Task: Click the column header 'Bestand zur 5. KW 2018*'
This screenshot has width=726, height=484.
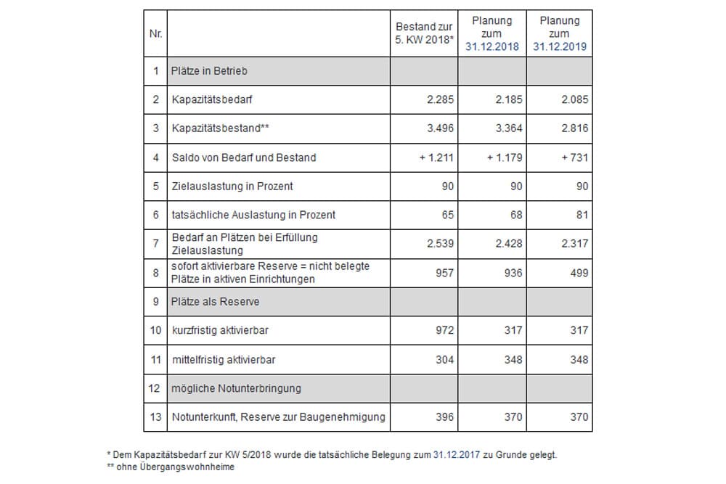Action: pyautogui.click(x=425, y=33)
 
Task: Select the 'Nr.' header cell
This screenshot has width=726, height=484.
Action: pyautogui.click(x=156, y=33)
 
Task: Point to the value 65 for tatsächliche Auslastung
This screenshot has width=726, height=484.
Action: pyautogui.click(x=448, y=215)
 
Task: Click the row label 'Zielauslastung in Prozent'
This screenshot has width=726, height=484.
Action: pyautogui.click(x=232, y=186)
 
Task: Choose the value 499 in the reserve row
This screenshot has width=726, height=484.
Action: pyautogui.click(x=579, y=274)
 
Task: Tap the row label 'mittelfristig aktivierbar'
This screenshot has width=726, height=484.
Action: pyautogui.click(x=224, y=360)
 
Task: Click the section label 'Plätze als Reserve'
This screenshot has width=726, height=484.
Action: pyautogui.click(x=216, y=302)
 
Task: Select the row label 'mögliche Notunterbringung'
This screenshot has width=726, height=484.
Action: pyautogui.click(x=236, y=388)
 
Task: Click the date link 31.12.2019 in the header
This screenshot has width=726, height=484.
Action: pyautogui.click(x=559, y=46)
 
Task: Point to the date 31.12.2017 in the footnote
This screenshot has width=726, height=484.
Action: pyautogui.click(x=457, y=454)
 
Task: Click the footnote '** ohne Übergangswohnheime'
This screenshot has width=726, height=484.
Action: pyautogui.click(x=171, y=467)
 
